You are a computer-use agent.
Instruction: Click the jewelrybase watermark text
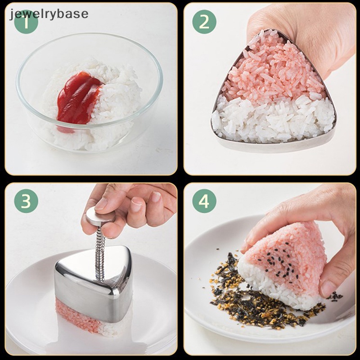click(49, 13)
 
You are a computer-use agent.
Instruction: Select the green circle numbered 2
click(204, 21)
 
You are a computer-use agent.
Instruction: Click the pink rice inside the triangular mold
click(270, 72)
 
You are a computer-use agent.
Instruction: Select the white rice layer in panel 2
click(274, 119)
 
